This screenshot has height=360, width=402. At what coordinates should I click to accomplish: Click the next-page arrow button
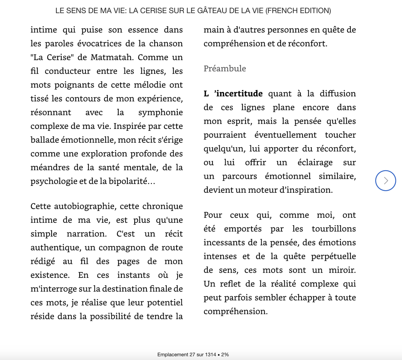coord(386,180)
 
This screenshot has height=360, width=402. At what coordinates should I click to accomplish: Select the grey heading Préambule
coord(225,69)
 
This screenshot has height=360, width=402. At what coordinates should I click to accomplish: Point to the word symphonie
coord(160,112)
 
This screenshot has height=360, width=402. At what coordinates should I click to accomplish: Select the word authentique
coord(55,248)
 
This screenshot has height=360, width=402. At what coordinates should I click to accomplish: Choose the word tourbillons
coord(334,229)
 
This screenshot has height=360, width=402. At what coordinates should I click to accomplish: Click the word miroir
coord(341,270)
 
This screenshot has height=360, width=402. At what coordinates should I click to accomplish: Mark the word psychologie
coord(53,181)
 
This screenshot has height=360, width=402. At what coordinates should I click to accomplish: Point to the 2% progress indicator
coord(225,355)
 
